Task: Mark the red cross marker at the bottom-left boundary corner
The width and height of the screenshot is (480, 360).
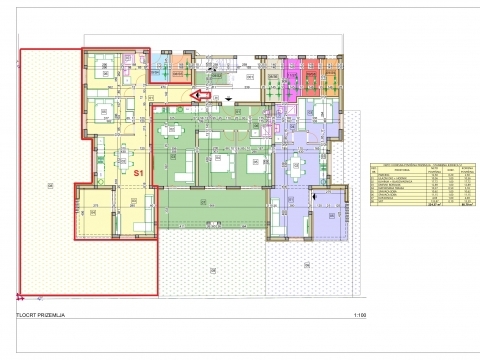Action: (20, 297)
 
